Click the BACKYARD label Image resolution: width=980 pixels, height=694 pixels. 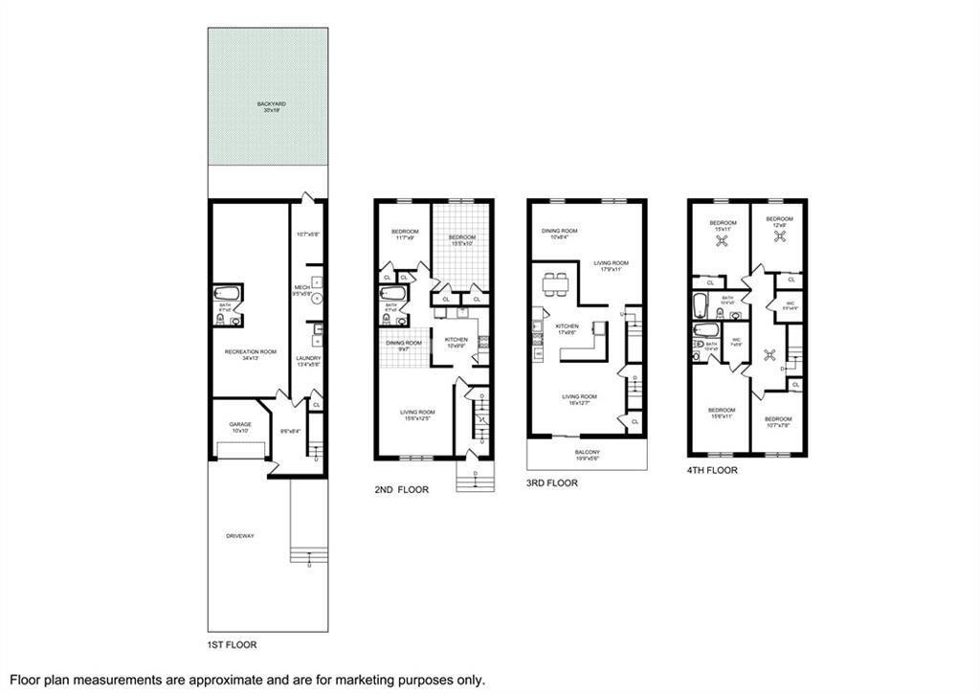pos(269,104)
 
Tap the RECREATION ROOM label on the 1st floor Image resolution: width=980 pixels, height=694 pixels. pos(250,352)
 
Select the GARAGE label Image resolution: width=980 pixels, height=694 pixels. pos(239,424)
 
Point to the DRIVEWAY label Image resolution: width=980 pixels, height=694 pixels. pos(240,536)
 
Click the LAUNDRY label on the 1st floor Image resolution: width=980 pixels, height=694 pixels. pos(308,359)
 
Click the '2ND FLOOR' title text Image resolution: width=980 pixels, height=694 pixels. pos(401,489)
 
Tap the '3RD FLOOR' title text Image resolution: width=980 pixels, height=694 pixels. pos(552,483)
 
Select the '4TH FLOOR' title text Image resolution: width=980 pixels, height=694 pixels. pos(712,470)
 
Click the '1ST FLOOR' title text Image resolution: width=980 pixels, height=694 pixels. pos(233,645)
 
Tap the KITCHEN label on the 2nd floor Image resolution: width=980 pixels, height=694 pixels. pos(456,340)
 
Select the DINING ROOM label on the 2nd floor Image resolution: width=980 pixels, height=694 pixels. pos(404,343)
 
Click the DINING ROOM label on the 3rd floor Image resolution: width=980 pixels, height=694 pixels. pos(560,231)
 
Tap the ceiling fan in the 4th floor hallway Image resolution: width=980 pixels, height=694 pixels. pos(769,354)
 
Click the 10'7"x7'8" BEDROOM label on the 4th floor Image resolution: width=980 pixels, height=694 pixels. pos(777,419)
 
